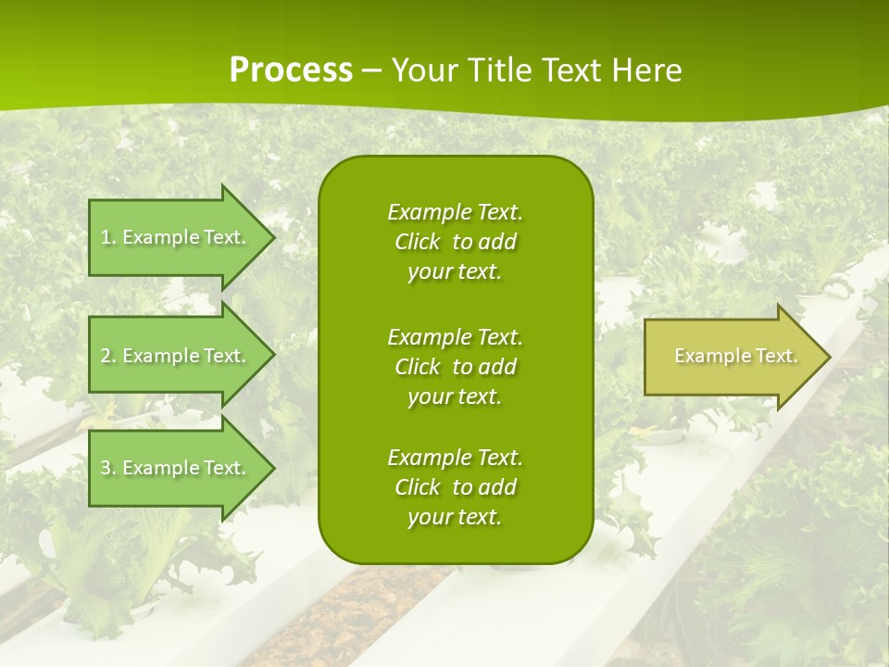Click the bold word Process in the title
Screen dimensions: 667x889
(291, 70)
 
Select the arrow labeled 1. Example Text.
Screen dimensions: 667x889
(176, 237)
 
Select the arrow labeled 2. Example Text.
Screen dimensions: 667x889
(176, 356)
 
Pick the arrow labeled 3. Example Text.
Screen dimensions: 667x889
(176, 468)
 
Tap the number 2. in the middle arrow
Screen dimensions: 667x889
(108, 356)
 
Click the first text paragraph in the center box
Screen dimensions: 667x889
(455, 242)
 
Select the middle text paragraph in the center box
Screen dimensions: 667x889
(455, 367)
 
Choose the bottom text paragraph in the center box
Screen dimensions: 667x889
(455, 487)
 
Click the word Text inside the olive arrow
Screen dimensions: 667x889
(777, 356)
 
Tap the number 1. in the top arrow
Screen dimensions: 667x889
(108, 237)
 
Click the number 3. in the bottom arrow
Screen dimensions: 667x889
(108, 468)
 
